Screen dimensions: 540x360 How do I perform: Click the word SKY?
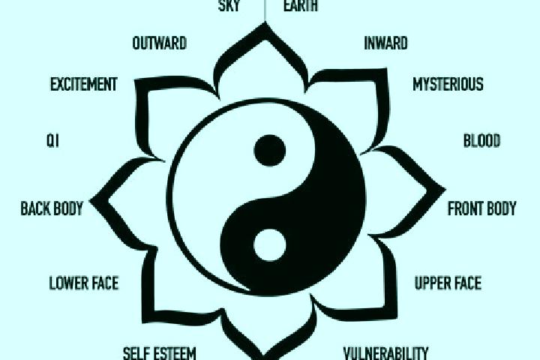(229, 5)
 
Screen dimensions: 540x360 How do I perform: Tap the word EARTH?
(300, 5)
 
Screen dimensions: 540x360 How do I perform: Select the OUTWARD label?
(160, 43)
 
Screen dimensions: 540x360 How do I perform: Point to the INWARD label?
(385, 43)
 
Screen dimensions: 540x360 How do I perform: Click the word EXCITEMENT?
(84, 85)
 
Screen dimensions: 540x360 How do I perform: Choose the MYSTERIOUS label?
(448, 85)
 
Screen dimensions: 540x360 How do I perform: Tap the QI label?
(52, 141)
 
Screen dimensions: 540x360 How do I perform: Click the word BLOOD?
(481, 141)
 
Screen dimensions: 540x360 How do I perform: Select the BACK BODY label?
(52, 208)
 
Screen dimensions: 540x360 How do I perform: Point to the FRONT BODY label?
(482, 208)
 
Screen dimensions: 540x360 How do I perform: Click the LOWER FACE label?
(84, 283)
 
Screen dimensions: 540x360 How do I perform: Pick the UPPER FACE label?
(448, 283)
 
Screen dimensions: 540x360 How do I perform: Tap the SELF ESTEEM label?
(160, 353)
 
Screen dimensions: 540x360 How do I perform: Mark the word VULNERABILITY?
(385, 353)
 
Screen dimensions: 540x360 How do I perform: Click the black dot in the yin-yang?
(270, 151)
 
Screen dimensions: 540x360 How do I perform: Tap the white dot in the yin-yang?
(270, 245)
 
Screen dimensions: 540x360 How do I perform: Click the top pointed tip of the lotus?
(265, 23)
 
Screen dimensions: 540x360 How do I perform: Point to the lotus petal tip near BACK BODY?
(91, 200)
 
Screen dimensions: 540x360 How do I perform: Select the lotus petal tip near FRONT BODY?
(444, 189)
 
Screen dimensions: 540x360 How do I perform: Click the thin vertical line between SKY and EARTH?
(265, 10)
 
